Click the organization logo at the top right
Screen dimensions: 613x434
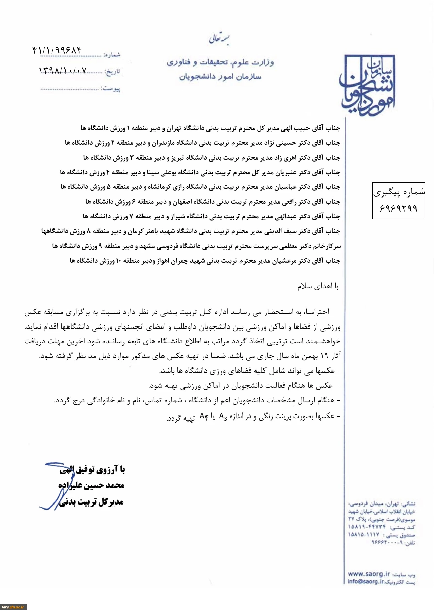pos(368,86)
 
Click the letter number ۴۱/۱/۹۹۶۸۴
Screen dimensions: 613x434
pos(57,50)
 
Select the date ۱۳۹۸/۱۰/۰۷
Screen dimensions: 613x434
pos(63,70)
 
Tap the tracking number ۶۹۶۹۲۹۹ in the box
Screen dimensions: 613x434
pos(398,209)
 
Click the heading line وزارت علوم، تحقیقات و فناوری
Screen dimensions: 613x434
pos(220,62)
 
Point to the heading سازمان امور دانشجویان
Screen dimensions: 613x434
pos(220,77)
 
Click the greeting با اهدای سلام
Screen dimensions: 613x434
pos(318,286)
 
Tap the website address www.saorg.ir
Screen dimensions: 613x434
pos(369,574)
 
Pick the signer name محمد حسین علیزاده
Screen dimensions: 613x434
pos(91,485)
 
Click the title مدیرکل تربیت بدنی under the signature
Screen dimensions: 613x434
pos(92,502)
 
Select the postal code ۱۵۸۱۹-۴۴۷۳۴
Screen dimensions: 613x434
pos(367,526)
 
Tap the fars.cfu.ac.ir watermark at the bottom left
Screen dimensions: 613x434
pos(13,607)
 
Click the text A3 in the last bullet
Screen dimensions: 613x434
pos(223,417)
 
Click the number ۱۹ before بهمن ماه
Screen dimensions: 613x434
pos(324,356)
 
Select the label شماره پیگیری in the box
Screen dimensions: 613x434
pos(399,192)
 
